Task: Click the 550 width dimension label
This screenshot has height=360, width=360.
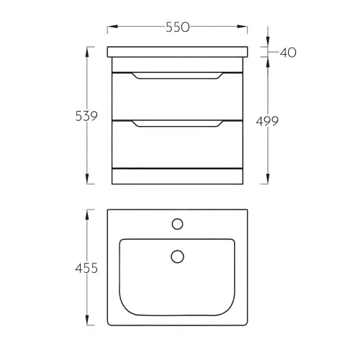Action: [178, 27]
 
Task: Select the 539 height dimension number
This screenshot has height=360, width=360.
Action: [86, 116]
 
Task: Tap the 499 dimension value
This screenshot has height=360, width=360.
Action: [267, 121]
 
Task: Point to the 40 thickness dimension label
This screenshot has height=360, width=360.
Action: [288, 53]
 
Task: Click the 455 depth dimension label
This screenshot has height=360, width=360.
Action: [86, 268]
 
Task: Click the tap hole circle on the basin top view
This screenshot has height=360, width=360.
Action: [177, 224]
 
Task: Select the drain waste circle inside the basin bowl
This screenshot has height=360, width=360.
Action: [177, 256]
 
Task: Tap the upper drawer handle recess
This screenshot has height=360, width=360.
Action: [178, 76]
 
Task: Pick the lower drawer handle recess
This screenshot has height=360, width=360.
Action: [178, 124]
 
